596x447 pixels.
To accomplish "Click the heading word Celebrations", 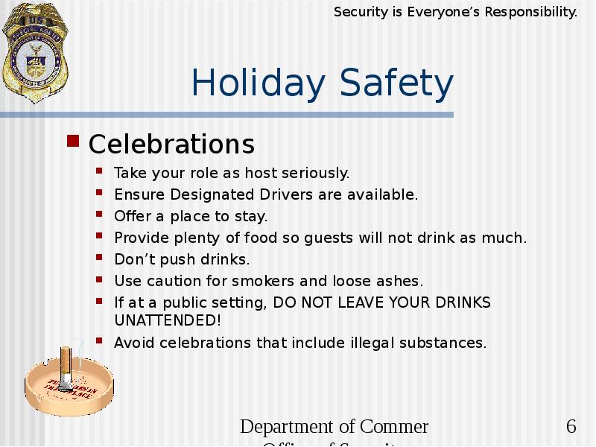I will click(171, 143).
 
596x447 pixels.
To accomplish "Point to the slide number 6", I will click(571, 427).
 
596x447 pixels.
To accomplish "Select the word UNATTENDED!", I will click(168, 320).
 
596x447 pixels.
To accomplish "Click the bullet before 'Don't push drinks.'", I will click(100, 258).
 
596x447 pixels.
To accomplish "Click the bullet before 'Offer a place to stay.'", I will click(100, 215).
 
